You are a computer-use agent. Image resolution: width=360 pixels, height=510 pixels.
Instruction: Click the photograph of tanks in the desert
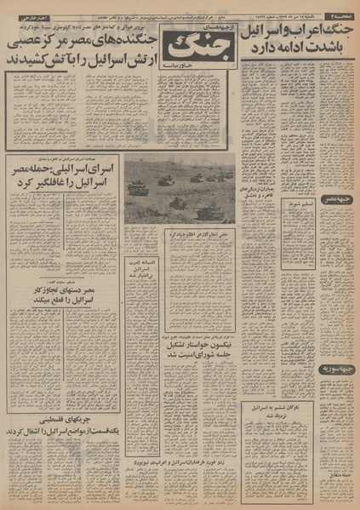pos(179,189)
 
